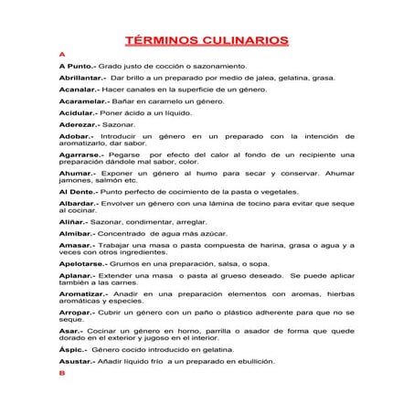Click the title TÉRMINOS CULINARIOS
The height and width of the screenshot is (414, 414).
[207, 40]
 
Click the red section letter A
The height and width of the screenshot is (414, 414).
[61, 56]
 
